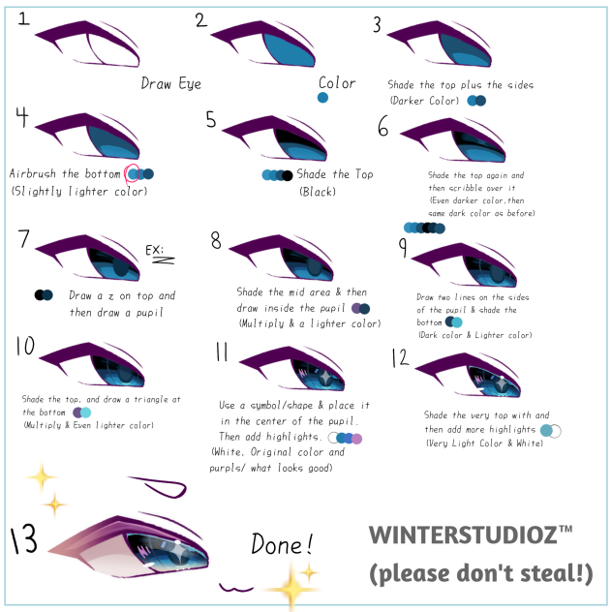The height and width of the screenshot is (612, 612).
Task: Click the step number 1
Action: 24,19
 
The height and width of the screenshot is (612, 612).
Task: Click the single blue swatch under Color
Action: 322,98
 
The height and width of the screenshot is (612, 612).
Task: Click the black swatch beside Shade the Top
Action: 288,175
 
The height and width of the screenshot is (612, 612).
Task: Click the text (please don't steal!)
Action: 480,573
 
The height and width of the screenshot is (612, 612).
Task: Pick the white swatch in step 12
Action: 557,430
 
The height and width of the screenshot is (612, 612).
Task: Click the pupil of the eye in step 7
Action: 118,266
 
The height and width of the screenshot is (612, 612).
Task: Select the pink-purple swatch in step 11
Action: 357,438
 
